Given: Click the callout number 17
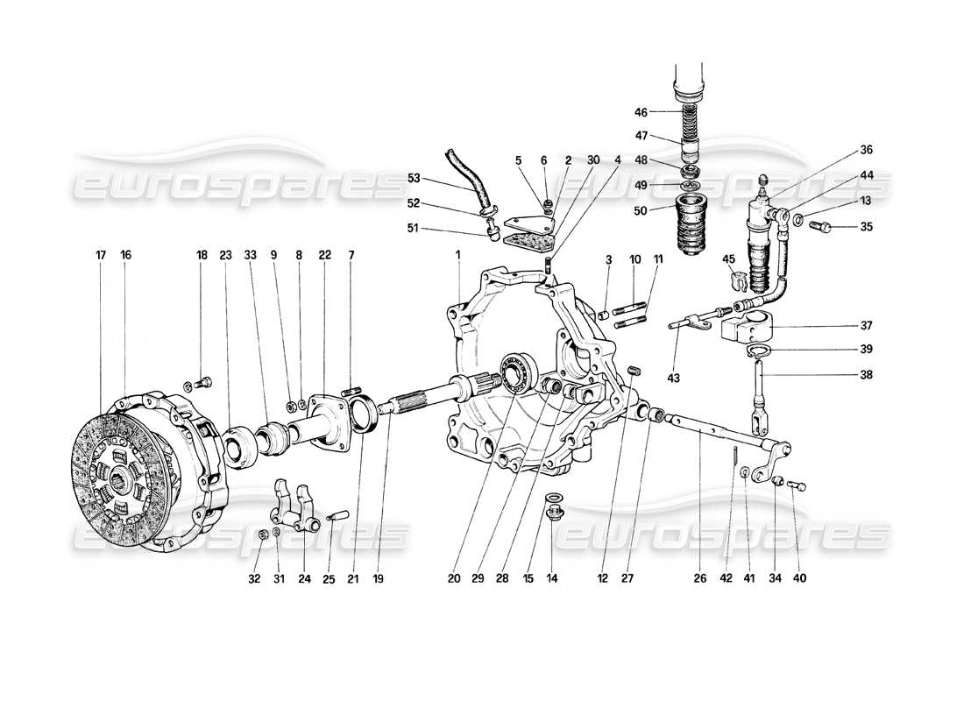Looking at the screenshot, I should click(x=102, y=255).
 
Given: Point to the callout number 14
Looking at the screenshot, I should click(x=550, y=579).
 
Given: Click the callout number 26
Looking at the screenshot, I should click(x=699, y=579).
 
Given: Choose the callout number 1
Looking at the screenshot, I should click(x=457, y=255).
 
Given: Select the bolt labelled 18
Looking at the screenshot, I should click(x=203, y=383).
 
